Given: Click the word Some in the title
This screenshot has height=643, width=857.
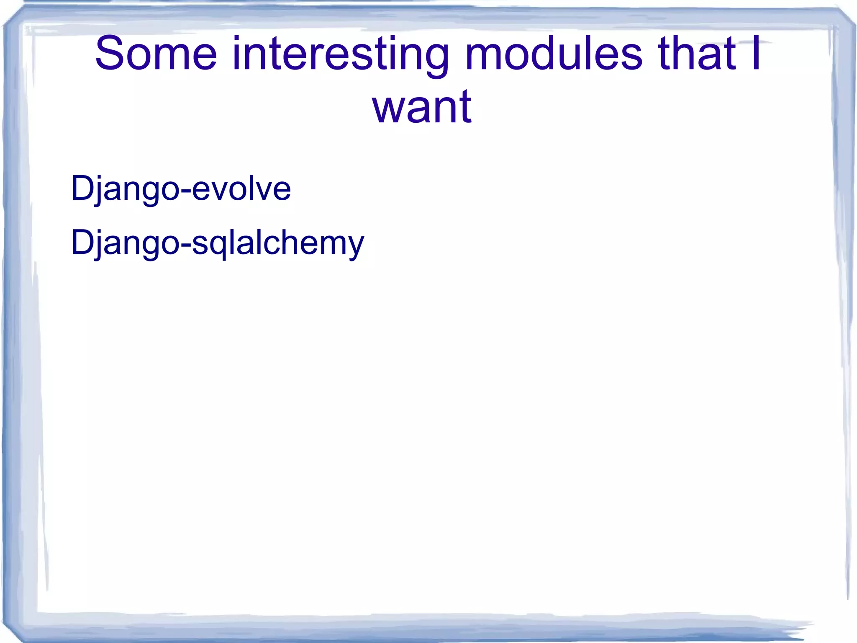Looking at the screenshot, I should click(156, 54).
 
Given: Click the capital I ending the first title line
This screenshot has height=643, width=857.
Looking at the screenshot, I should click(756, 54).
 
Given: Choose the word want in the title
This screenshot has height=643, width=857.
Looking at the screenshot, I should click(422, 108).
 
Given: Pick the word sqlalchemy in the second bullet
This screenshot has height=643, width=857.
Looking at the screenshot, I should click(278, 243).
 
